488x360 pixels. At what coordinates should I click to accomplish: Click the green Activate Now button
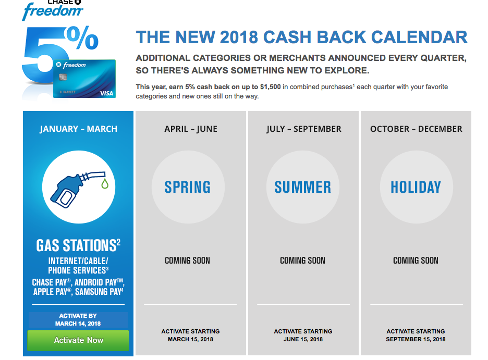pos(78,340)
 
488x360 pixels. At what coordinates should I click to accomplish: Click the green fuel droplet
pos(105,183)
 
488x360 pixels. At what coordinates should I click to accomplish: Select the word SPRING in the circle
pos(188,187)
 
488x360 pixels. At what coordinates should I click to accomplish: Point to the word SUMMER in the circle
pos(302,187)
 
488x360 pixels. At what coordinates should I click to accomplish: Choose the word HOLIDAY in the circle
pos(416,187)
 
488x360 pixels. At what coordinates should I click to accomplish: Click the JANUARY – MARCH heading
pos(78,129)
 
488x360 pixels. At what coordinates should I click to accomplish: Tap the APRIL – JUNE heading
pos(191,129)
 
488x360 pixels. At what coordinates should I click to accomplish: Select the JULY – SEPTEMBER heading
pos(304,129)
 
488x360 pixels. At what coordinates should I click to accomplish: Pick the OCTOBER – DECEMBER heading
pos(416,129)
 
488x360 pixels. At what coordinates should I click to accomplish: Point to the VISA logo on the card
pos(106,93)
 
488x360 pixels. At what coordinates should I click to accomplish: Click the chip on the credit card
pos(63,77)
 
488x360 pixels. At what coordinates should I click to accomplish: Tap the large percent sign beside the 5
pos(82,38)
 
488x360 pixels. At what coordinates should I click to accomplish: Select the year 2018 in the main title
pos(239,38)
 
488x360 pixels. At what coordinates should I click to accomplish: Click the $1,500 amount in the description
pos(271,86)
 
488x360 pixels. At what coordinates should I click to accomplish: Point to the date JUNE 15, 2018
pos(303,339)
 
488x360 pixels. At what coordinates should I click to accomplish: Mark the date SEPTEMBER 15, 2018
pos(416,339)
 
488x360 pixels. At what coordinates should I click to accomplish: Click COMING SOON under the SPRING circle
pos(187,260)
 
